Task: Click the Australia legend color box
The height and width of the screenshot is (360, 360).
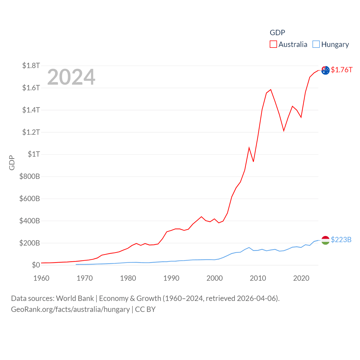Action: [273, 44]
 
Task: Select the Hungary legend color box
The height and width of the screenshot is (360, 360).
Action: [316, 44]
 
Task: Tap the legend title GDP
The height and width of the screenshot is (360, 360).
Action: [277, 33]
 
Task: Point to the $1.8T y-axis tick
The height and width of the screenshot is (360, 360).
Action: [31, 66]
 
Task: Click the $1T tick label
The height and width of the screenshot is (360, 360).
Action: [34, 154]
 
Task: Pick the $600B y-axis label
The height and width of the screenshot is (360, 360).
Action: [30, 199]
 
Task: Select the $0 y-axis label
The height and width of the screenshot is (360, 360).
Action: [36, 265]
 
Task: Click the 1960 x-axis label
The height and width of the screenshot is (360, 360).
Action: [41, 278]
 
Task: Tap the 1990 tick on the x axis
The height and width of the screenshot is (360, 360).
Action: [171, 278]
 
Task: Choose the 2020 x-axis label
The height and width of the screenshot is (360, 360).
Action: [301, 278]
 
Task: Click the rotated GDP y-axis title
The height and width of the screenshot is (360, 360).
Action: [12, 163]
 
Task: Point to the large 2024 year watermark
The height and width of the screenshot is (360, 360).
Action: [71, 77]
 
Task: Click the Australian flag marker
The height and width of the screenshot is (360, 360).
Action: [325, 70]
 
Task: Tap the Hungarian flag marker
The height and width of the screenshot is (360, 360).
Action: [325, 240]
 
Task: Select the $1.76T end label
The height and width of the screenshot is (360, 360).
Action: [341, 70]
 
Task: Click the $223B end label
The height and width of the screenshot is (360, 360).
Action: [341, 240]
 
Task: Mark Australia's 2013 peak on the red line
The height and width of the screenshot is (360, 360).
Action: [271, 90]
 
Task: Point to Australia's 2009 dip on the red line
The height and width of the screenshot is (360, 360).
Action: [253, 161]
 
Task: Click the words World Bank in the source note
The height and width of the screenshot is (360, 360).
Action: [75, 298]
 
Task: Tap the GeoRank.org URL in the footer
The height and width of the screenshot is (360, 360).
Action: [70, 309]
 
